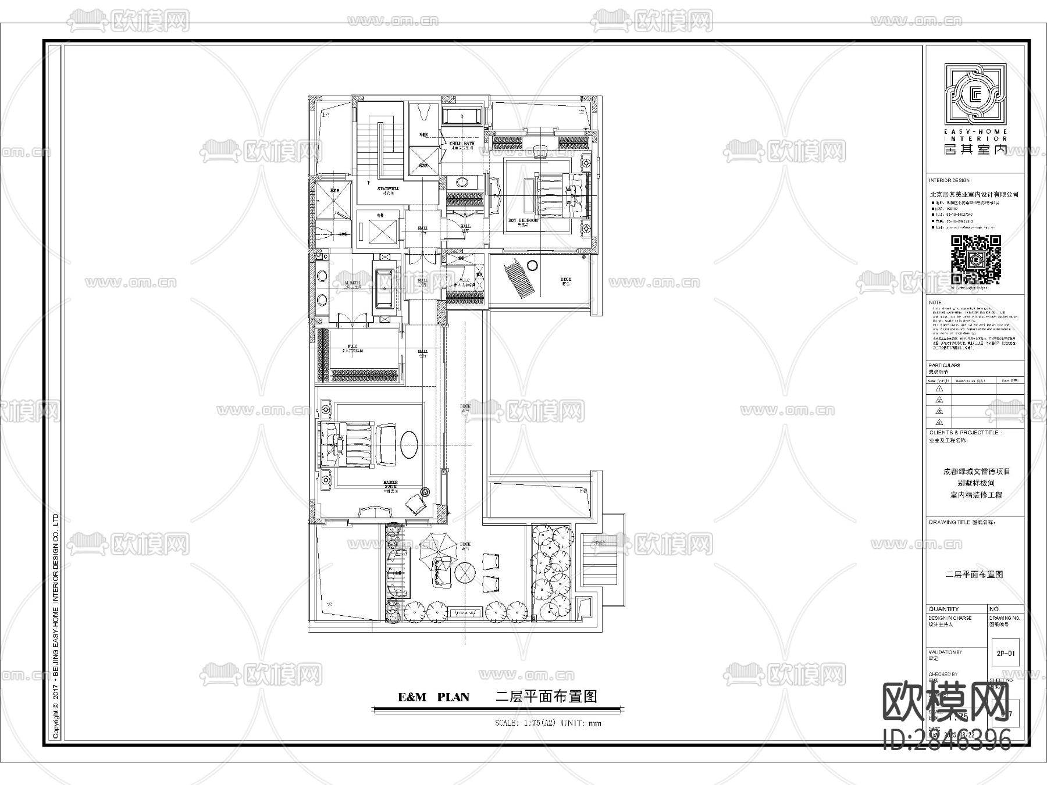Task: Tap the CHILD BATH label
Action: point(462,143)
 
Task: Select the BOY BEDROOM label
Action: point(523,221)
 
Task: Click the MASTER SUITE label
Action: point(390,483)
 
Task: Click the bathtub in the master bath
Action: point(384,288)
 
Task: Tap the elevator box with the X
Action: point(377,232)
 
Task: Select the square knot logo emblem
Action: point(975,96)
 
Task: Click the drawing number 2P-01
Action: point(1005,653)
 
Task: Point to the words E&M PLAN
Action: point(433,697)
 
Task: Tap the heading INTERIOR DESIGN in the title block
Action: point(950,181)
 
